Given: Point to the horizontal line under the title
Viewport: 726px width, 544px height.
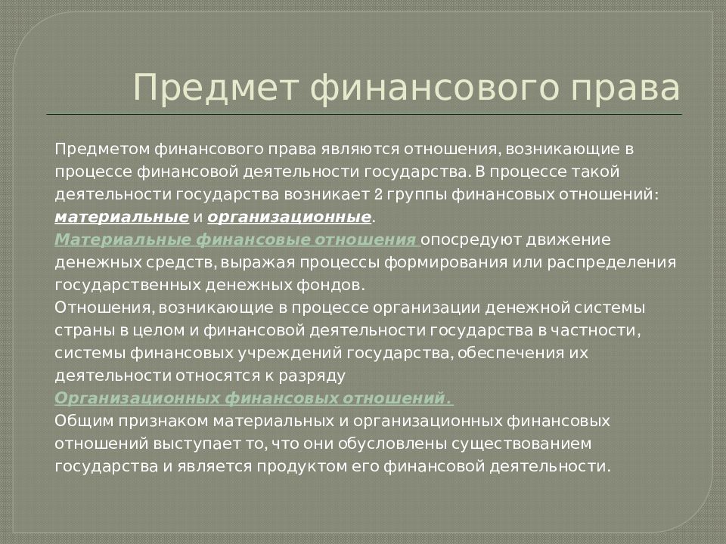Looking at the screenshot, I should [x=363, y=114].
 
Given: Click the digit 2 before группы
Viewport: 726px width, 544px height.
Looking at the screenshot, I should [x=377, y=193].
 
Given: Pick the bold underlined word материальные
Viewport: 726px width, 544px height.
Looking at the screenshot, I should [x=122, y=217].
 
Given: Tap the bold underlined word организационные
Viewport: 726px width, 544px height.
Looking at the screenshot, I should [x=290, y=217].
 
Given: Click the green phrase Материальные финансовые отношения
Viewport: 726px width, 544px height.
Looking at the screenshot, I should [x=236, y=240].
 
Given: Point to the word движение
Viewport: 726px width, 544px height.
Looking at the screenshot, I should [x=575, y=240].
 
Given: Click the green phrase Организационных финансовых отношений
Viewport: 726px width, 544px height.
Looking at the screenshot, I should [x=253, y=398].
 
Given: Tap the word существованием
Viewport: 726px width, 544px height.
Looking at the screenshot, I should [x=504, y=443].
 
